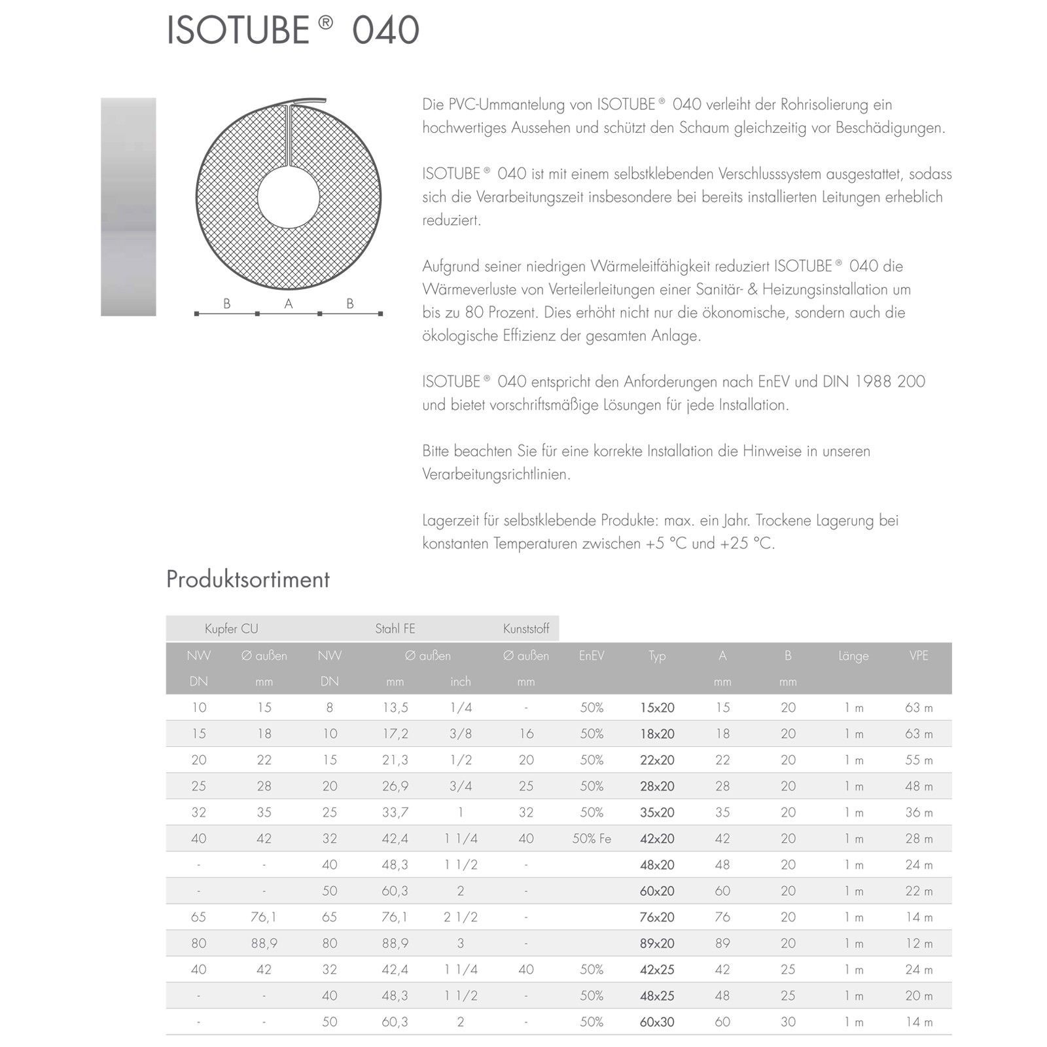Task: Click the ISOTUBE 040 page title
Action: (x=293, y=30)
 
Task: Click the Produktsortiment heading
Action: (x=247, y=579)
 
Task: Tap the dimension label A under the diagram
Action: (x=288, y=304)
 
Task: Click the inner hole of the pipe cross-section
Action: (x=288, y=198)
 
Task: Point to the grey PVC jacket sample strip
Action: (x=128, y=207)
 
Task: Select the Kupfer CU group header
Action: (x=231, y=629)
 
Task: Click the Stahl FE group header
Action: (x=395, y=629)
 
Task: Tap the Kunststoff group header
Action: (x=525, y=629)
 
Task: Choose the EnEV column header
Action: (x=591, y=656)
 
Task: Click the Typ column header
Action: (x=656, y=656)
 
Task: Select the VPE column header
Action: (x=918, y=656)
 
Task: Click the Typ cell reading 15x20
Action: (x=656, y=707)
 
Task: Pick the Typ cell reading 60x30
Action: (x=656, y=1021)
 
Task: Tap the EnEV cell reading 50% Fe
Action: (x=591, y=838)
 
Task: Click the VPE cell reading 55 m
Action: (x=918, y=760)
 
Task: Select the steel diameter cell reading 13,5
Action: (x=395, y=707)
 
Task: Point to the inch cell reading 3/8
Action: (x=460, y=734)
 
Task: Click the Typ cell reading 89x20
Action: (x=656, y=943)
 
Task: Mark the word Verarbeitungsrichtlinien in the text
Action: (x=496, y=474)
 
